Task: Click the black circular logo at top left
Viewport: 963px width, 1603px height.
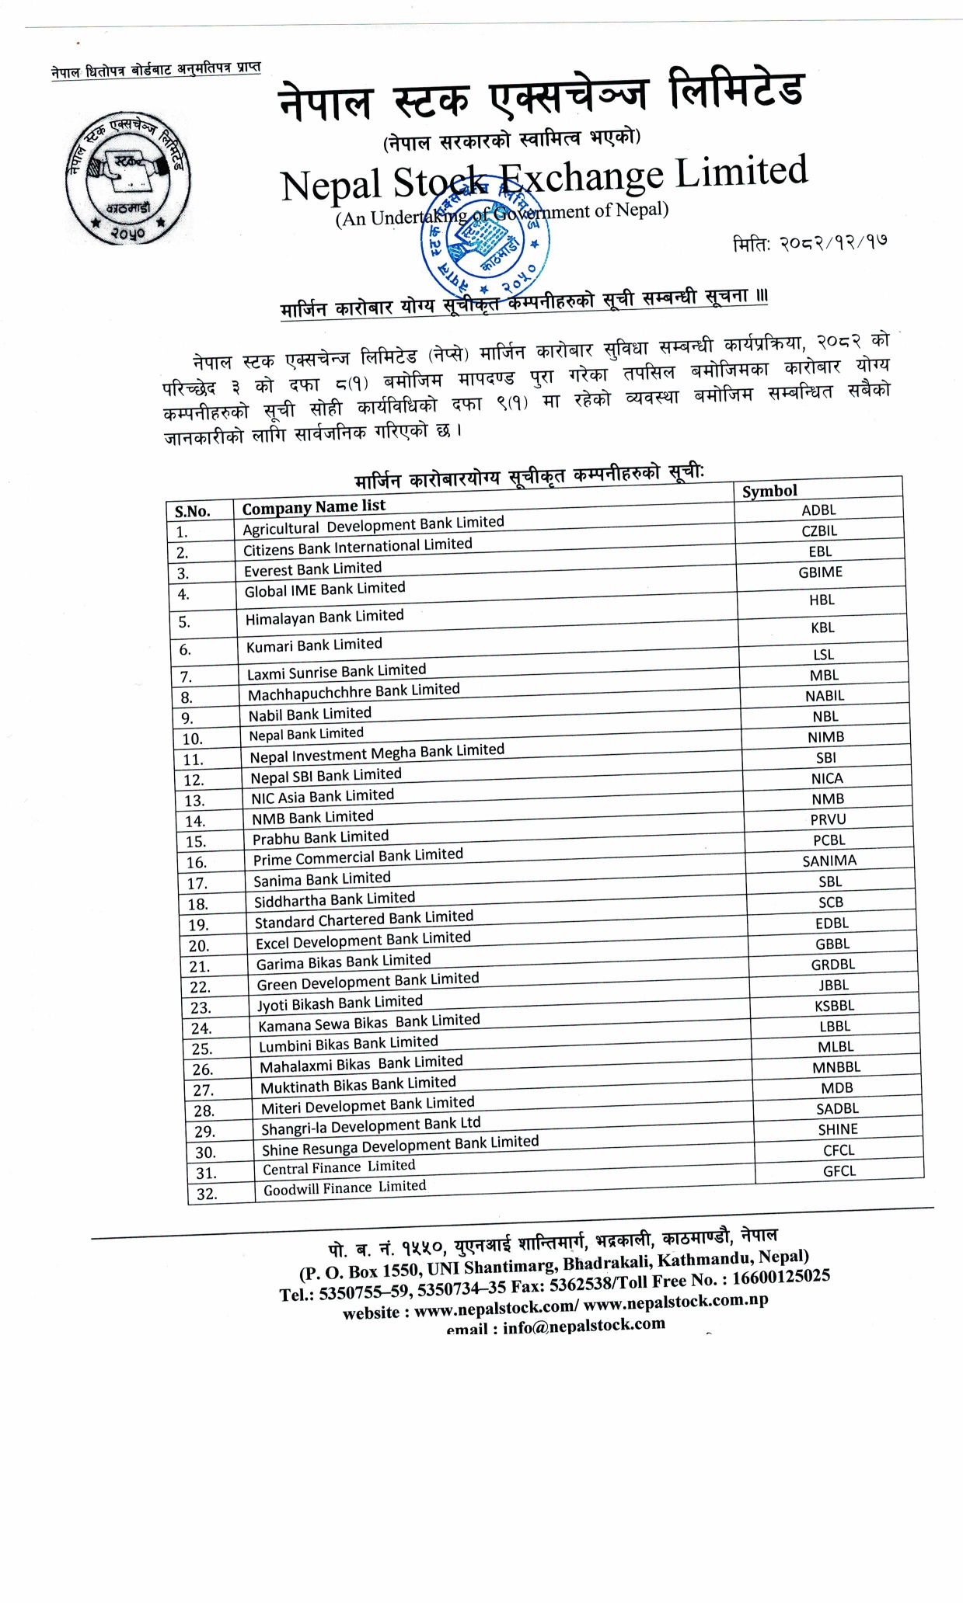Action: click(127, 178)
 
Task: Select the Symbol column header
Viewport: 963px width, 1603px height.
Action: click(769, 491)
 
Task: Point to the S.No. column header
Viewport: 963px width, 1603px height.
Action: click(193, 511)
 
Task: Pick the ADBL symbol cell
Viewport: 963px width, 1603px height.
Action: click(818, 510)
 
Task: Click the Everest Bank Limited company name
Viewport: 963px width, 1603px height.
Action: click(312, 569)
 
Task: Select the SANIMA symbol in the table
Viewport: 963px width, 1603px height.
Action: click(829, 861)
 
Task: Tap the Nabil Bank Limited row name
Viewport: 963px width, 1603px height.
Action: click(309, 715)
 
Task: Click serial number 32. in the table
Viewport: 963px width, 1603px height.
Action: click(207, 1194)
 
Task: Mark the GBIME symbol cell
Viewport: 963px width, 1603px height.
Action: click(820, 572)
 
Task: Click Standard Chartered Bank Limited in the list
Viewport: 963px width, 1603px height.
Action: click(364, 920)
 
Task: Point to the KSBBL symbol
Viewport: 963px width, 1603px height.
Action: click(834, 1006)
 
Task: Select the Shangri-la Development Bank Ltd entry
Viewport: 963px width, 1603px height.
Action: click(371, 1125)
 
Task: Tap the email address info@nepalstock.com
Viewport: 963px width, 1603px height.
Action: click(584, 1324)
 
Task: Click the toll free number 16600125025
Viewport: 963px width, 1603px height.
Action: click(781, 1277)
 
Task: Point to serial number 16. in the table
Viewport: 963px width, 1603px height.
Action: click(197, 862)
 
